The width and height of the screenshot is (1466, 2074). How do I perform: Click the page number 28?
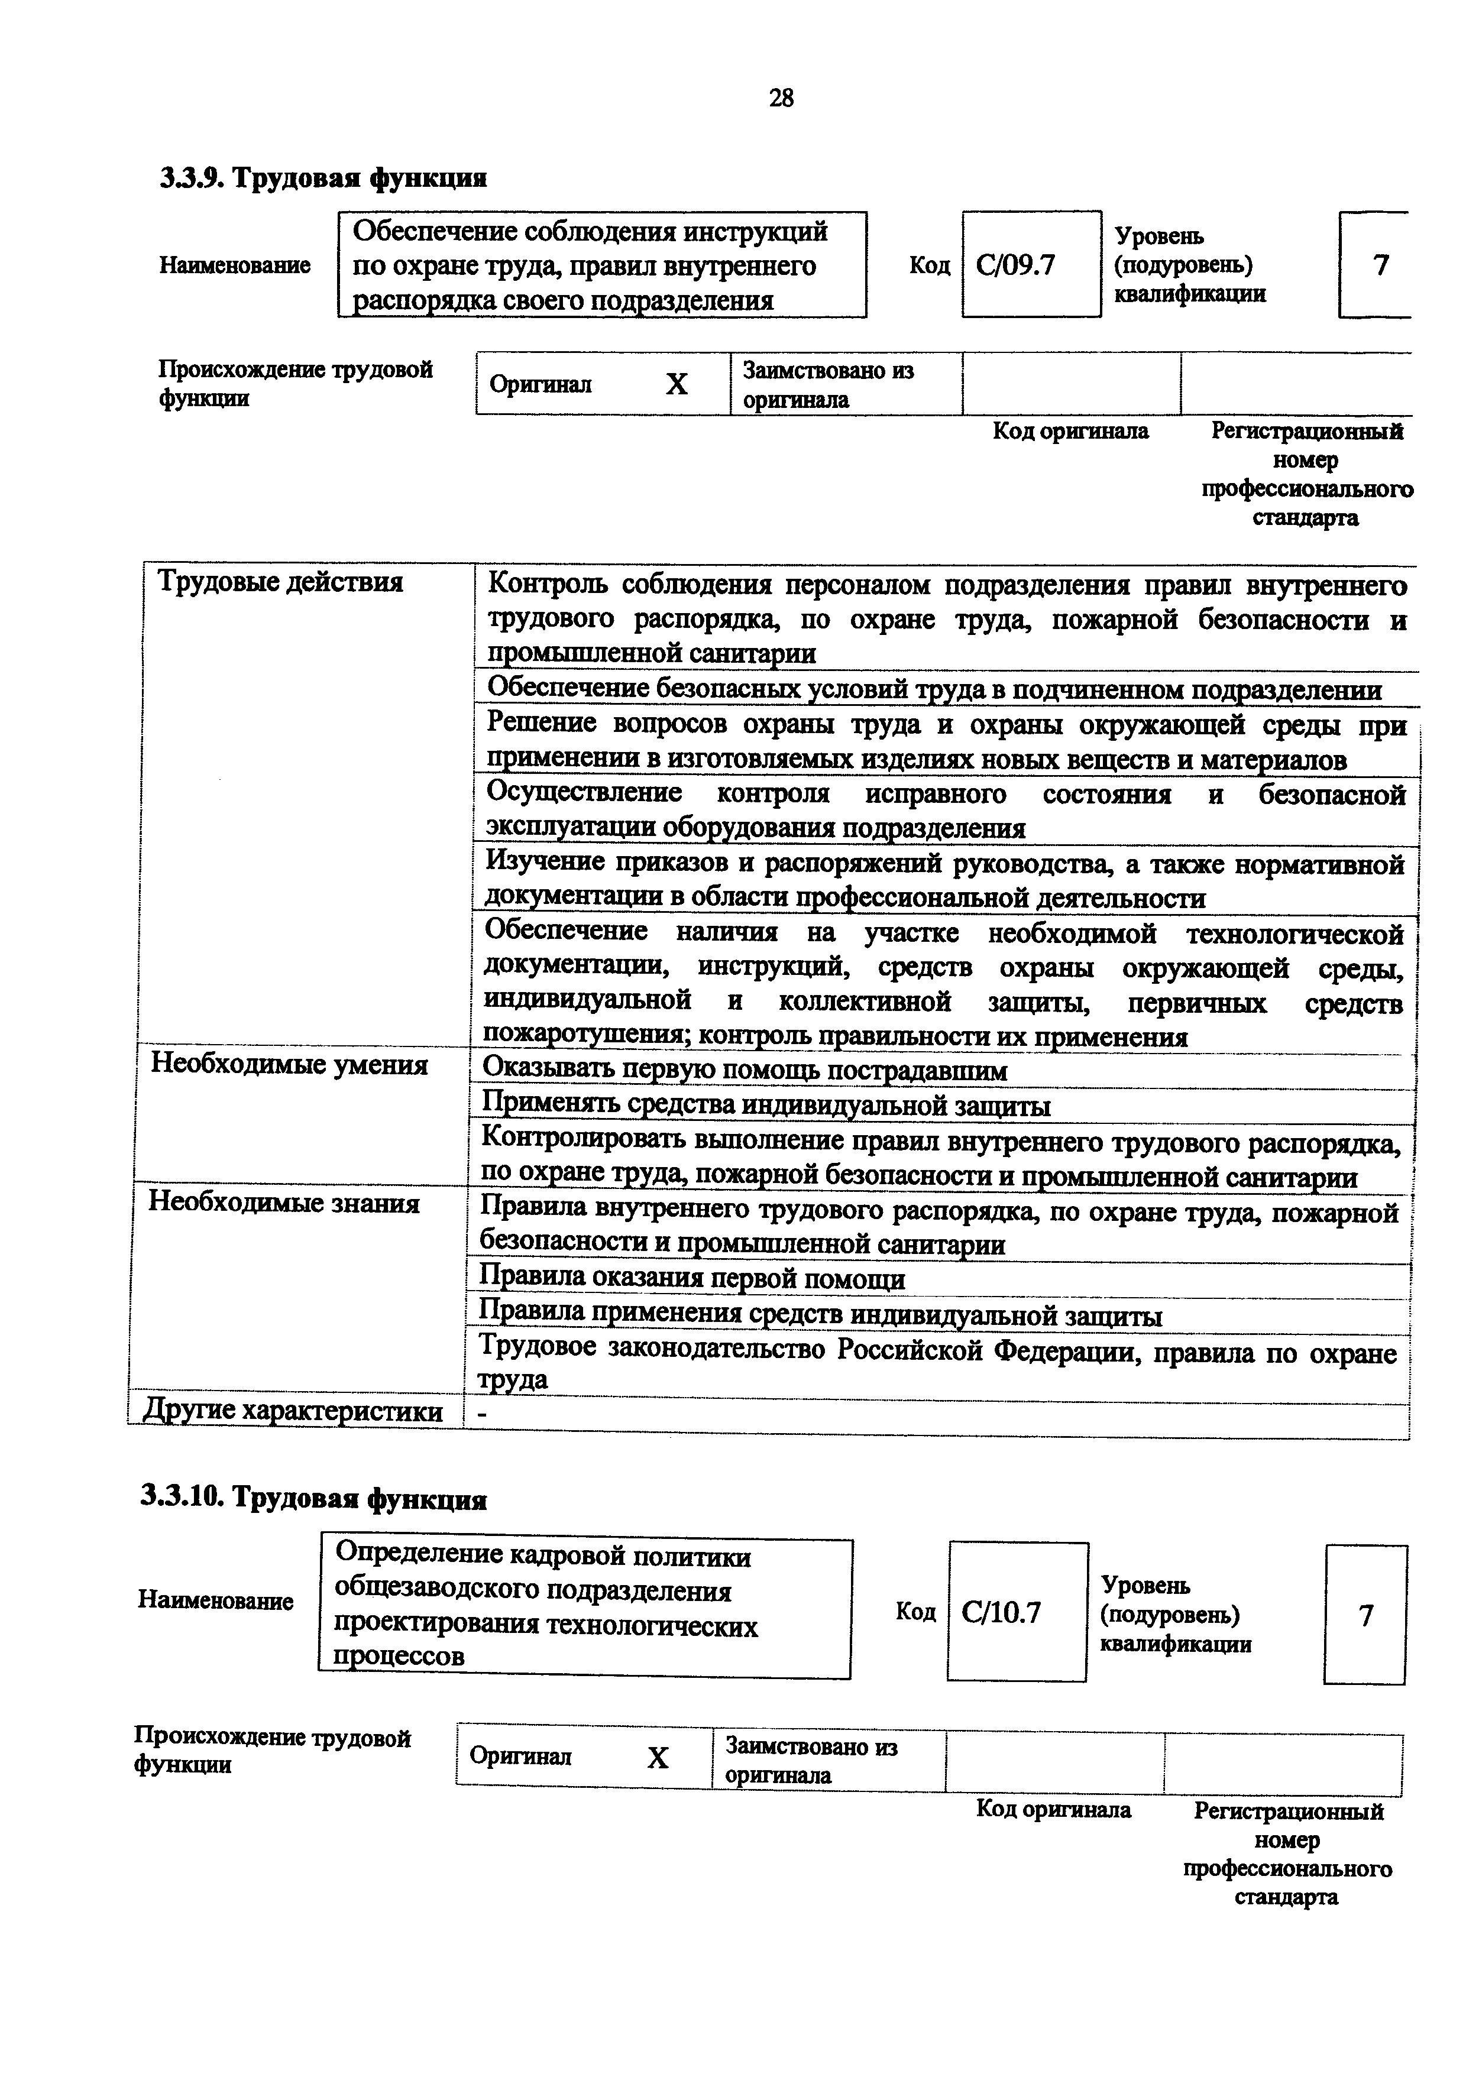point(781,98)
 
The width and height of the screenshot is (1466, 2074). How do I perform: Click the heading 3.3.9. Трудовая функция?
point(323,178)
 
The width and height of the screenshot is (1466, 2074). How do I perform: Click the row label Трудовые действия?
point(280,582)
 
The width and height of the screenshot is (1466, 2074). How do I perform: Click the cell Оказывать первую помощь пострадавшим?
point(745,1071)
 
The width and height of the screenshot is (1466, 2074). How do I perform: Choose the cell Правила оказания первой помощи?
point(692,1279)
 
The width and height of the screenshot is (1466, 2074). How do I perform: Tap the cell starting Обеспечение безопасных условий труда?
point(934,689)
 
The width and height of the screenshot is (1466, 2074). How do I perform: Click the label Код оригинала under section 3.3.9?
point(1070,432)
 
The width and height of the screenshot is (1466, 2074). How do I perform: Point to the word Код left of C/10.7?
point(915,1612)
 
